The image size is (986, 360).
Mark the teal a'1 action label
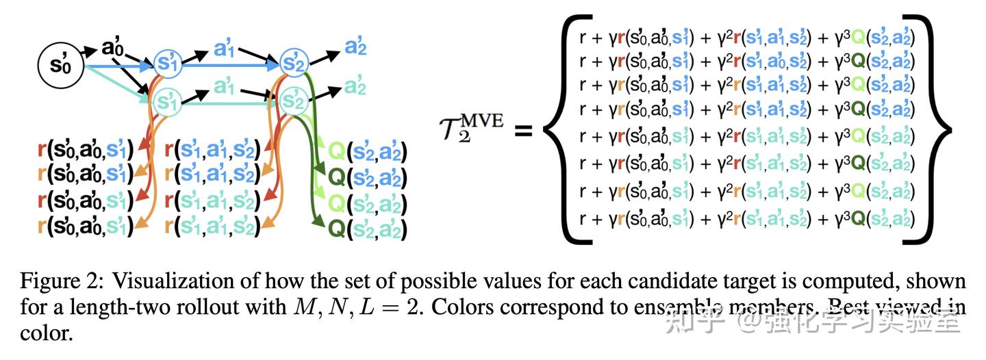point(224,87)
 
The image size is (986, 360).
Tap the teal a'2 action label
point(355,87)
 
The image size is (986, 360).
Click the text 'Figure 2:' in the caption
point(61,281)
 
